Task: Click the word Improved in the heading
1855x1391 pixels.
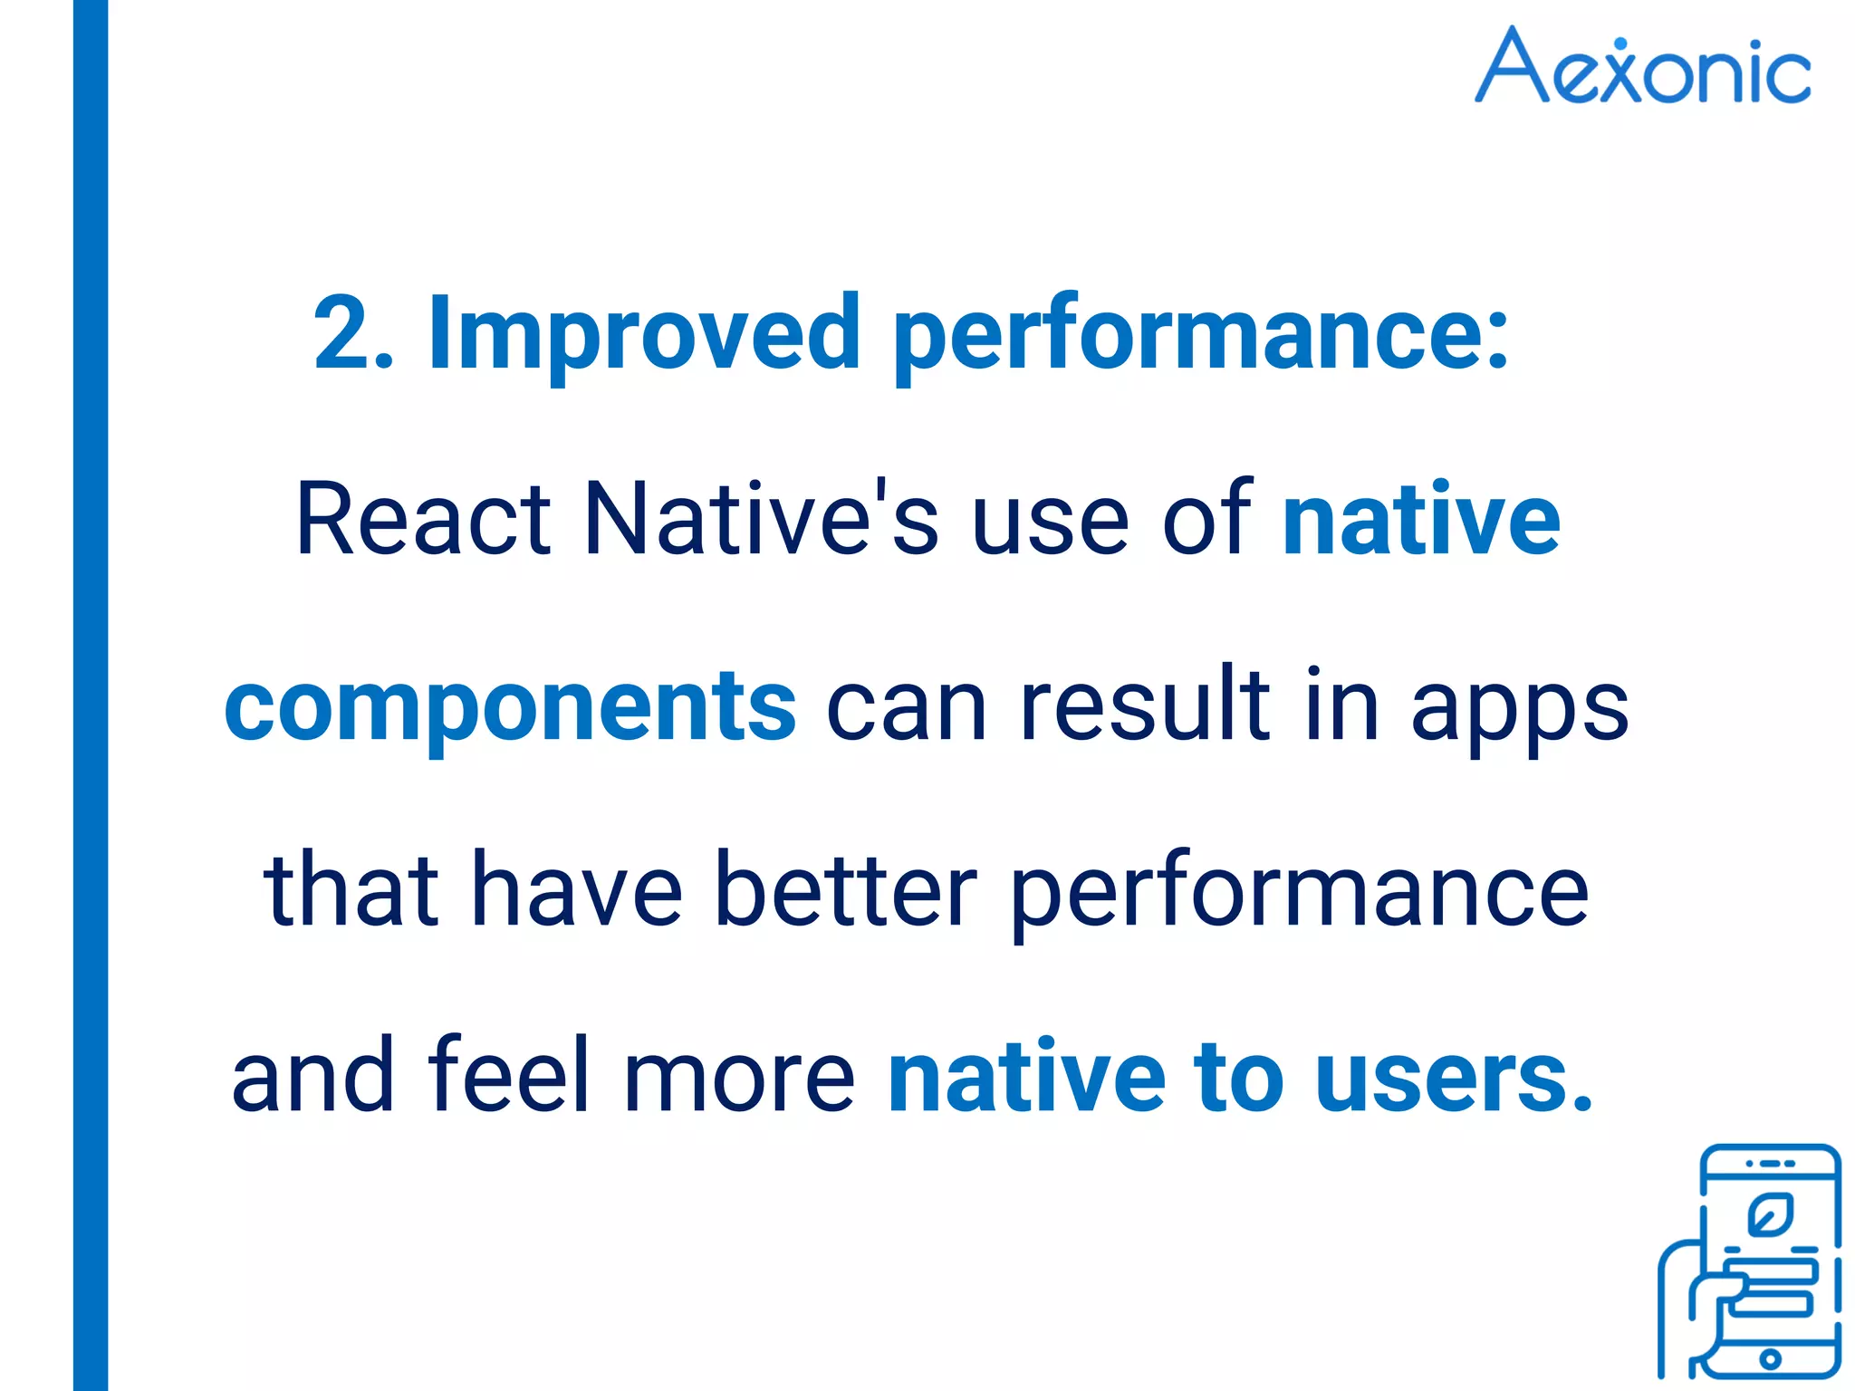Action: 642,333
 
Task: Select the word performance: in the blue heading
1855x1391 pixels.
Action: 1201,337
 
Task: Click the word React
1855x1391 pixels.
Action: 423,520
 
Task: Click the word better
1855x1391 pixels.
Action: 845,891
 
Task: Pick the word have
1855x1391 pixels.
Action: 577,891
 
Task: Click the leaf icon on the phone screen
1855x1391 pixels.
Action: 1770,1216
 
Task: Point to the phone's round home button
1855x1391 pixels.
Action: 1770,1358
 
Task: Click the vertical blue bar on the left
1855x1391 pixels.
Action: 91,695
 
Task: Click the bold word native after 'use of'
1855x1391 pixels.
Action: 1421,520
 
